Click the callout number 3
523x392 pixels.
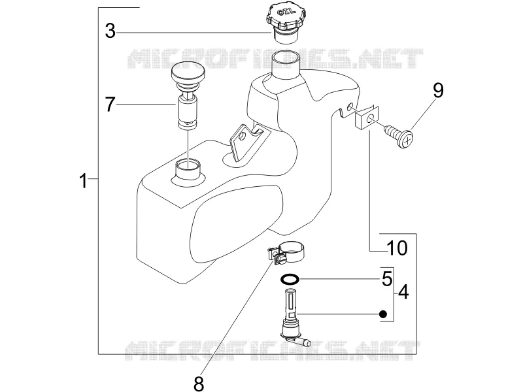tap(110, 31)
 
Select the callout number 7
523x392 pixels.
tap(110, 104)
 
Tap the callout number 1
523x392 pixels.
tap(83, 180)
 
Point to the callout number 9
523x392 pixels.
tap(438, 91)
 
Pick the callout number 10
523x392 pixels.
tap(397, 248)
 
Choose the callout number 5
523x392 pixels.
tap(387, 279)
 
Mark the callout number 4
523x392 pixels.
tap(403, 292)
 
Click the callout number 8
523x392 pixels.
tap(199, 384)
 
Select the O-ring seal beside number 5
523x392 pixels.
tap(290, 279)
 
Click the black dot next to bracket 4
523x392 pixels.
tap(383, 314)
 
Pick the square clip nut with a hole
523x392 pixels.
tap(367, 118)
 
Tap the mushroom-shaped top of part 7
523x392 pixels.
tap(188, 73)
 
